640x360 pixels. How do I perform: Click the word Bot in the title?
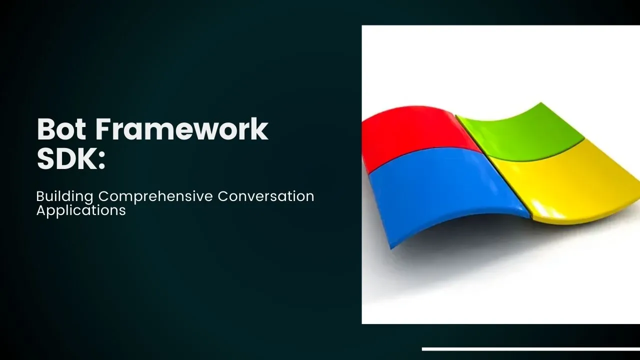tap(61, 129)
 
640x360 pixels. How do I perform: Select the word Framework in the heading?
tap(181, 129)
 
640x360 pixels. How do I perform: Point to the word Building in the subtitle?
tap(64, 197)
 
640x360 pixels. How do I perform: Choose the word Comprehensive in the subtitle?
tap(155, 197)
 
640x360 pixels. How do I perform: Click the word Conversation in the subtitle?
tap(266, 196)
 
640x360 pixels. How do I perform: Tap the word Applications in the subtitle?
tap(81, 210)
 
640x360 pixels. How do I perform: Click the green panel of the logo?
tap(520, 131)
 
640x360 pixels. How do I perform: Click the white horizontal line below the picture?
tap(531, 349)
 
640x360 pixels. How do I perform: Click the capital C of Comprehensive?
tap(104, 196)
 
